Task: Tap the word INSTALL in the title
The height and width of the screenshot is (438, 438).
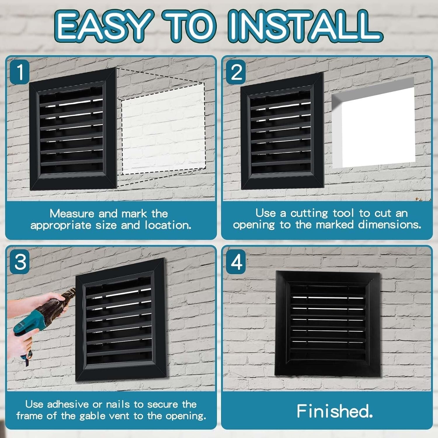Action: tap(304, 26)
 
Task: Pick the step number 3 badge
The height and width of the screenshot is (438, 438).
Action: tap(20, 262)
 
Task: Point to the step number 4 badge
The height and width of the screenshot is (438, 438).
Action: tap(236, 262)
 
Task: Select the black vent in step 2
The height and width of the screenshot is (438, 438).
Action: tap(282, 131)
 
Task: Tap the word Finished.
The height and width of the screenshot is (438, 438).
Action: tap(335, 411)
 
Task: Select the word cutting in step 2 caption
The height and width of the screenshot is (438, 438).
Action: tap(309, 213)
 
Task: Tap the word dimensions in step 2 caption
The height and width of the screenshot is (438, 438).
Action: tap(390, 225)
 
